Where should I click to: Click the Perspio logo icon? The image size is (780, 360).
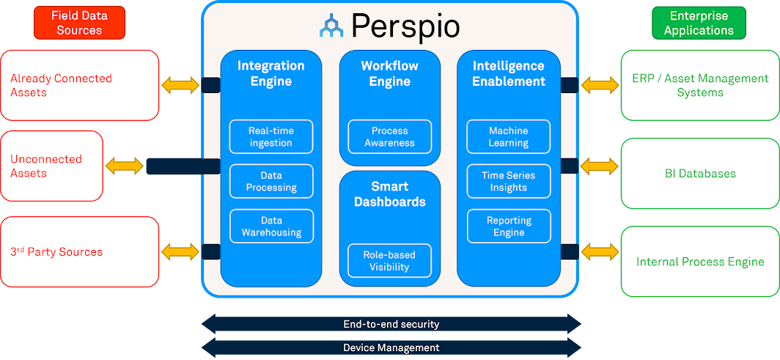click(332, 26)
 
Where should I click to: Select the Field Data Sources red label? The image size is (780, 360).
click(79, 23)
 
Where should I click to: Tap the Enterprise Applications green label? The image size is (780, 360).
click(699, 23)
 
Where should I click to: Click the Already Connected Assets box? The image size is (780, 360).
click(79, 85)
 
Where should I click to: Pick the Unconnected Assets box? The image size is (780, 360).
click(51, 166)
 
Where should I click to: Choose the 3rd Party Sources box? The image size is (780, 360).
click(79, 251)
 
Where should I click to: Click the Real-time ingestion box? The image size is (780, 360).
click(271, 136)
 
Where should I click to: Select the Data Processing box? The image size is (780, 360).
click(271, 181)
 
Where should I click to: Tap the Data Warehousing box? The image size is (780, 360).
click(271, 226)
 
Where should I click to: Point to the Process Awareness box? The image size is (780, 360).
click(389, 136)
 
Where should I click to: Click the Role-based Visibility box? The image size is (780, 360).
click(389, 261)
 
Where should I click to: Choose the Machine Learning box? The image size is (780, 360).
click(508, 136)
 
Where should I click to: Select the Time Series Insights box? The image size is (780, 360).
click(508, 181)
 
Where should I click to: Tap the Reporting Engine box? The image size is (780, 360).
click(508, 226)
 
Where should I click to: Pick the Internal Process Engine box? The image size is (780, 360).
click(699, 262)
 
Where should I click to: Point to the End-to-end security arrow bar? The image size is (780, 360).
click(391, 323)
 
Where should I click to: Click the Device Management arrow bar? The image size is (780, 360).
click(391, 348)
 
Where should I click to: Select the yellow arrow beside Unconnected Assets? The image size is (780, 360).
click(125, 166)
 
